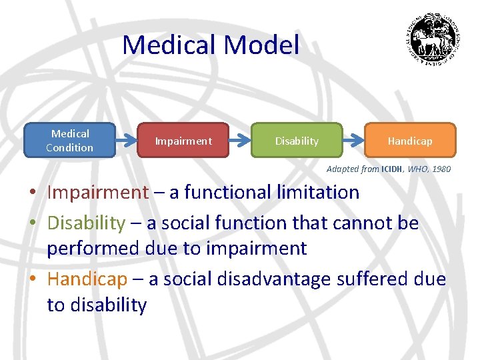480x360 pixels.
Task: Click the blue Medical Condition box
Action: pyautogui.click(x=69, y=141)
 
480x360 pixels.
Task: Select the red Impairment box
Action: pyautogui.click(x=183, y=141)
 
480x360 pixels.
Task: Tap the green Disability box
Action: pyautogui.click(x=297, y=141)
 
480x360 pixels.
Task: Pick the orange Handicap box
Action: pyautogui.click(x=410, y=141)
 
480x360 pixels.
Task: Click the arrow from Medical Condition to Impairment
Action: pyautogui.click(x=126, y=141)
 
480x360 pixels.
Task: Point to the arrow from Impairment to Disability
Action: pyautogui.click(x=239, y=141)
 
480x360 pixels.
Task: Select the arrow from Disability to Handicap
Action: pyautogui.click(x=353, y=141)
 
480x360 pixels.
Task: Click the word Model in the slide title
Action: pyautogui.click(x=262, y=45)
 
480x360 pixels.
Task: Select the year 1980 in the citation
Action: pyautogui.click(x=441, y=169)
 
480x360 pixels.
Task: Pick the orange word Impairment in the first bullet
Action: pyautogui.click(x=97, y=193)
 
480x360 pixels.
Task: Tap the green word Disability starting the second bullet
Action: pyautogui.click(x=86, y=223)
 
